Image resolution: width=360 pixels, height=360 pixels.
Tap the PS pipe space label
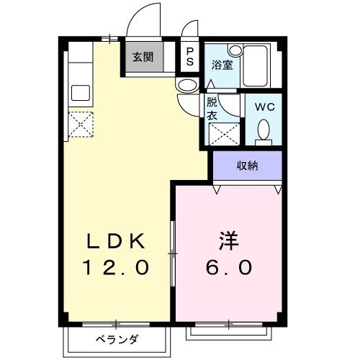point(189,57)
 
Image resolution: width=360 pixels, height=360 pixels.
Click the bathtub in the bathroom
point(255,66)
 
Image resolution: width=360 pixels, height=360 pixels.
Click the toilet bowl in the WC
point(263,130)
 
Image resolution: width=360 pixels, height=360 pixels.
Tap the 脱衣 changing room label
point(212,108)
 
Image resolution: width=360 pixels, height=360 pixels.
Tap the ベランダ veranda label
point(117,339)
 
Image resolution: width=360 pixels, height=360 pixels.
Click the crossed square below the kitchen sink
point(81,125)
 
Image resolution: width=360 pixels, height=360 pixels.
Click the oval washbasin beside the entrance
point(186,86)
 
